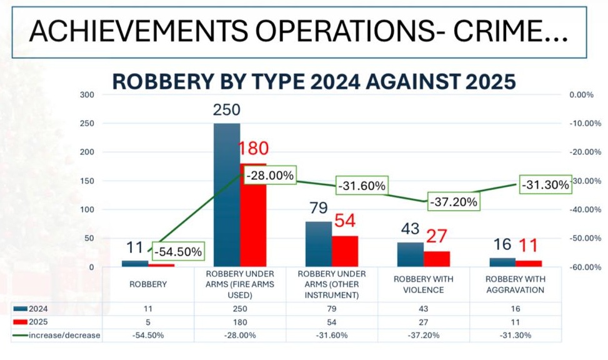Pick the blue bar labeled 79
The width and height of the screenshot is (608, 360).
(318, 244)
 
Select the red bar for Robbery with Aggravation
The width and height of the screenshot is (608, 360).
(529, 263)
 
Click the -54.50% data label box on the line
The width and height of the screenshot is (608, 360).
(178, 252)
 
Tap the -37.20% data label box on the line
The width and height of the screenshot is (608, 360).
(453, 202)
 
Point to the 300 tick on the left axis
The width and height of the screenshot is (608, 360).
(87, 95)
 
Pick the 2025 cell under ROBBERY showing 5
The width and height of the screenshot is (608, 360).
(148, 322)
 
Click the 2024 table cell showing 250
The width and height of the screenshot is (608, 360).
(239, 309)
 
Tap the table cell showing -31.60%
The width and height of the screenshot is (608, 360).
(331, 335)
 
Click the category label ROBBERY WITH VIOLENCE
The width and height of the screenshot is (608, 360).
(424, 284)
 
